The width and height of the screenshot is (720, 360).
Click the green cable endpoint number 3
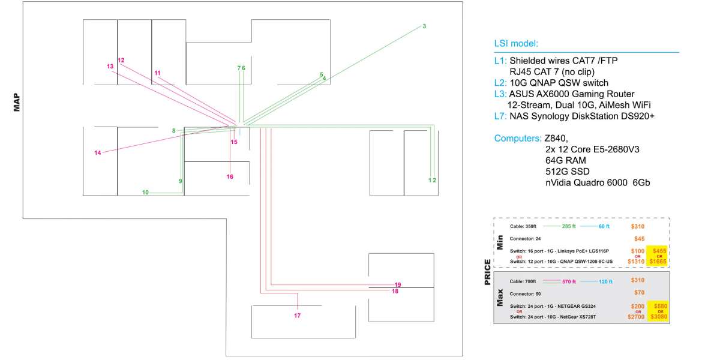424,26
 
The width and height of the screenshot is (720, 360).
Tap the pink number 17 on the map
297,316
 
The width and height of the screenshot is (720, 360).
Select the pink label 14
98,153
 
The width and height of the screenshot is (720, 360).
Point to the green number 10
145,193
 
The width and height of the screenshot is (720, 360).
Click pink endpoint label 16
230,177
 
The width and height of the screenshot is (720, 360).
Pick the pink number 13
110,66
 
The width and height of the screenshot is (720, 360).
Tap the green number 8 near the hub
173,131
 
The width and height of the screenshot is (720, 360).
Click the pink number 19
397,284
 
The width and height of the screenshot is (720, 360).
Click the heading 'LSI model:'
516,44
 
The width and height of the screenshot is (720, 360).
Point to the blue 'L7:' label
501,116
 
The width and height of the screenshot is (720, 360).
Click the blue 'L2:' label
501,83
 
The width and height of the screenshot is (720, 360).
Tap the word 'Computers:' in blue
518,138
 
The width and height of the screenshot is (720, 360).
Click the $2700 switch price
635,317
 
